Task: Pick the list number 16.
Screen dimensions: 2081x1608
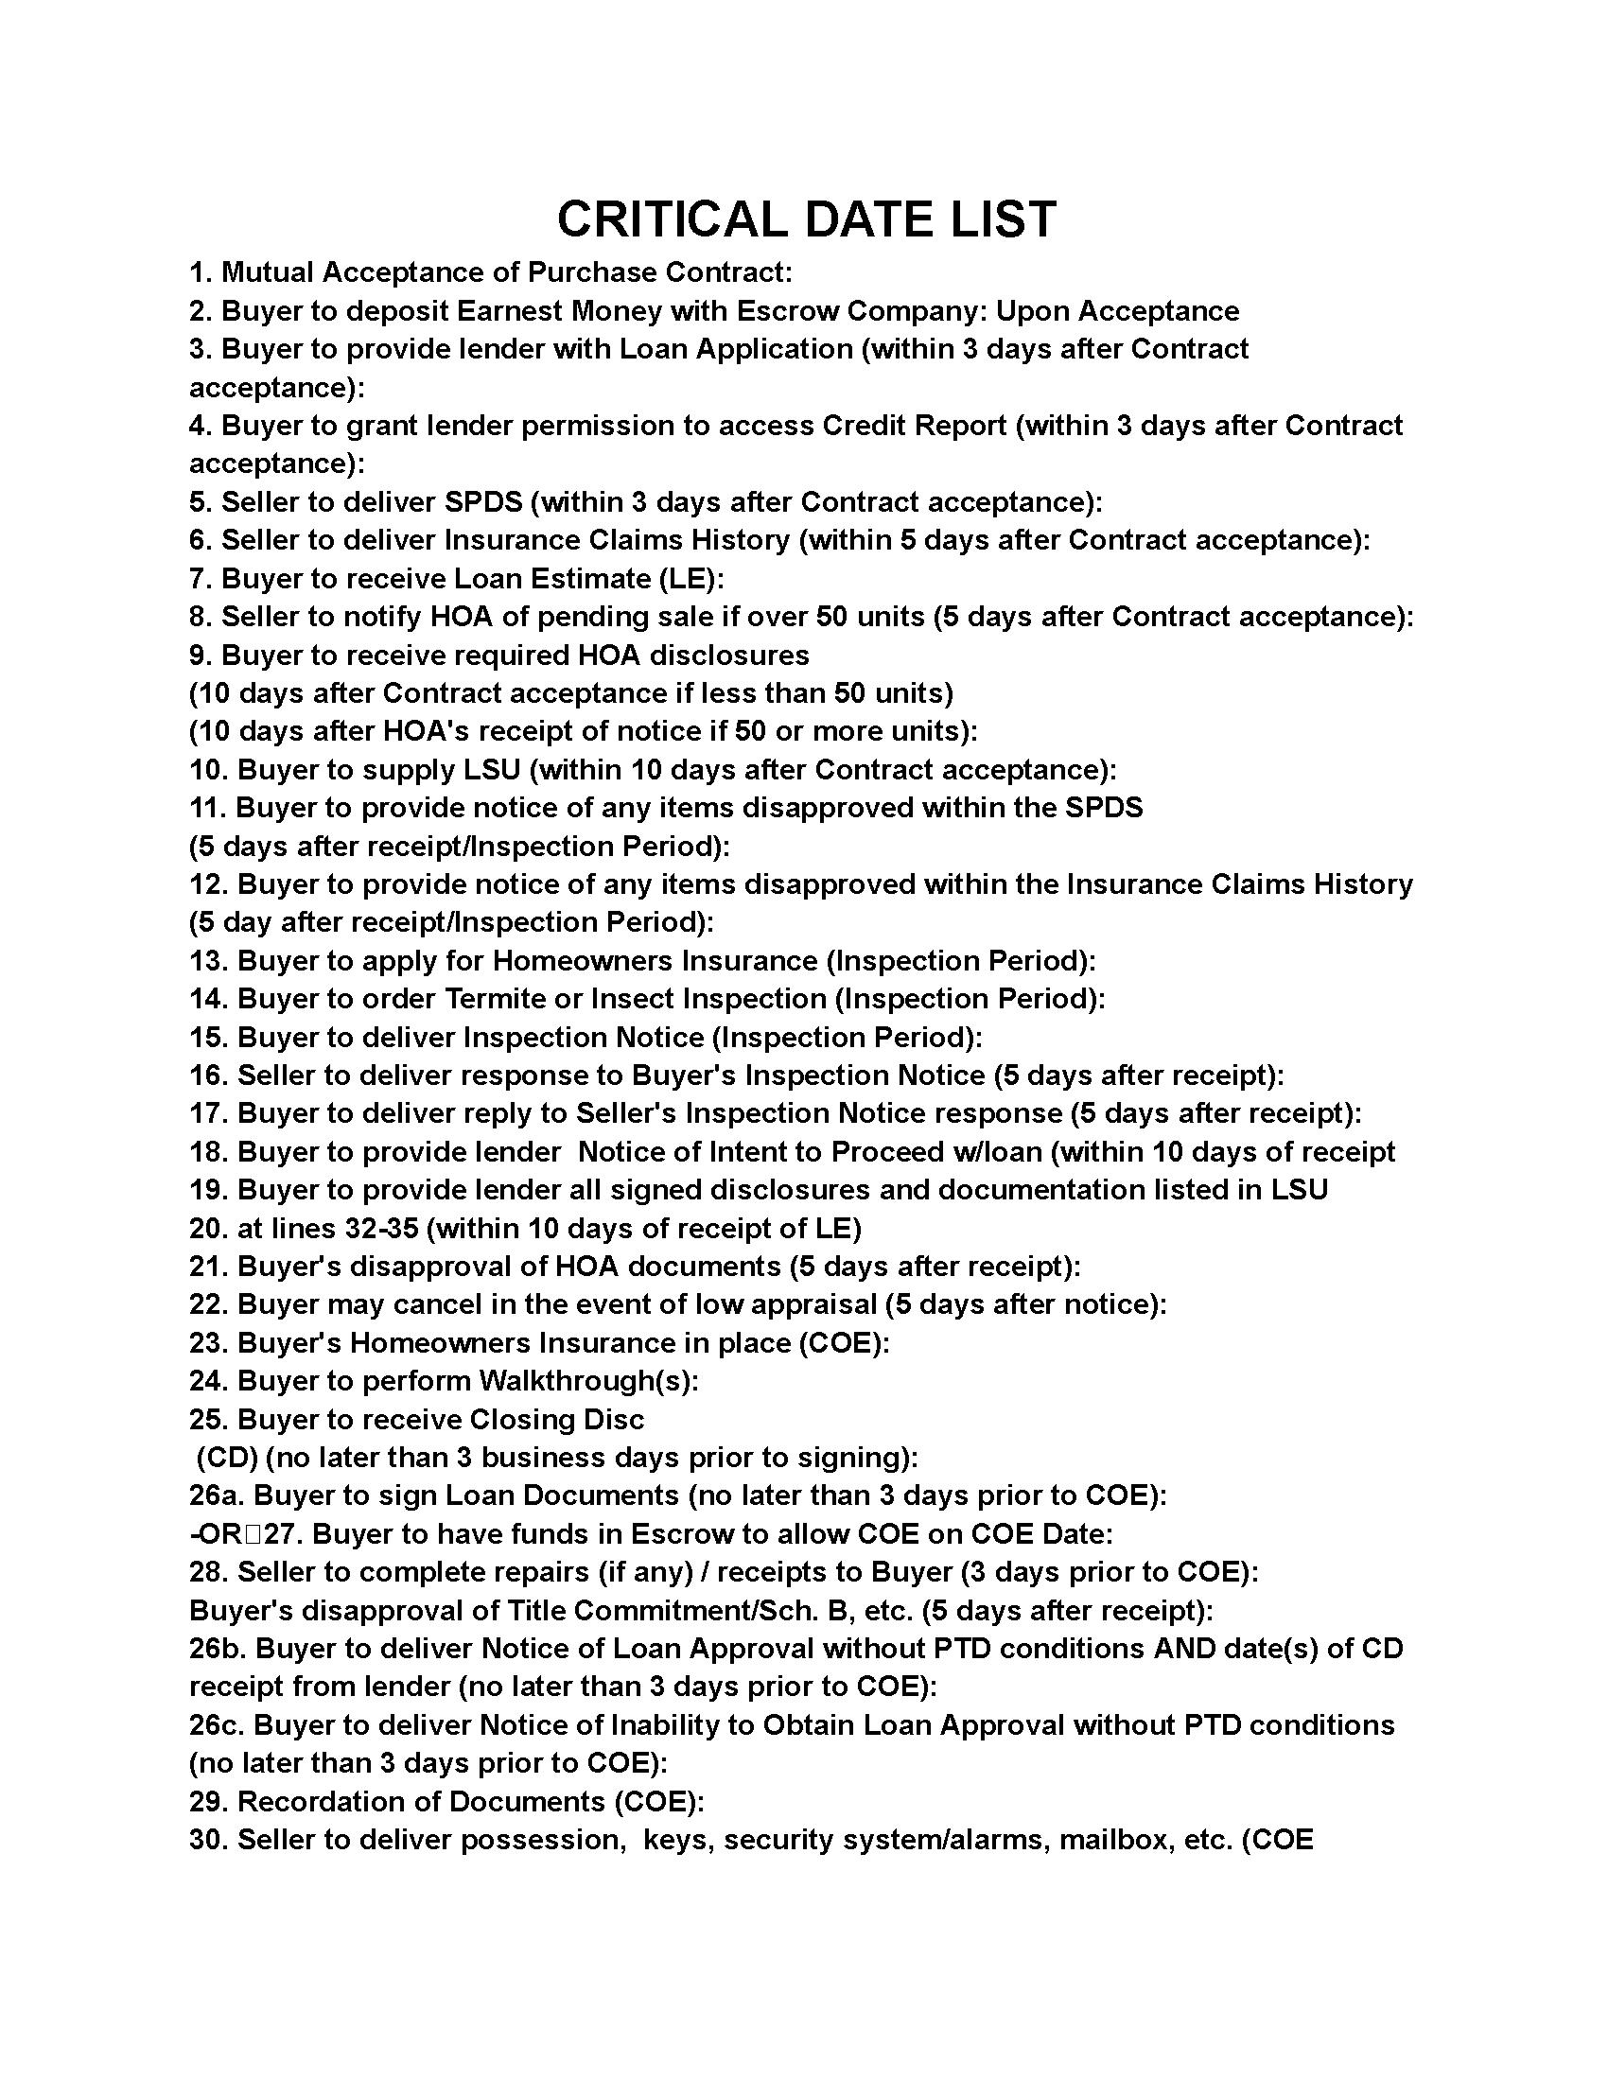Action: click(208, 1075)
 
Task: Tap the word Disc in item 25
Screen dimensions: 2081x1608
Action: click(613, 1420)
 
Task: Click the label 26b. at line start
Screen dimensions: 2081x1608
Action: click(218, 1650)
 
